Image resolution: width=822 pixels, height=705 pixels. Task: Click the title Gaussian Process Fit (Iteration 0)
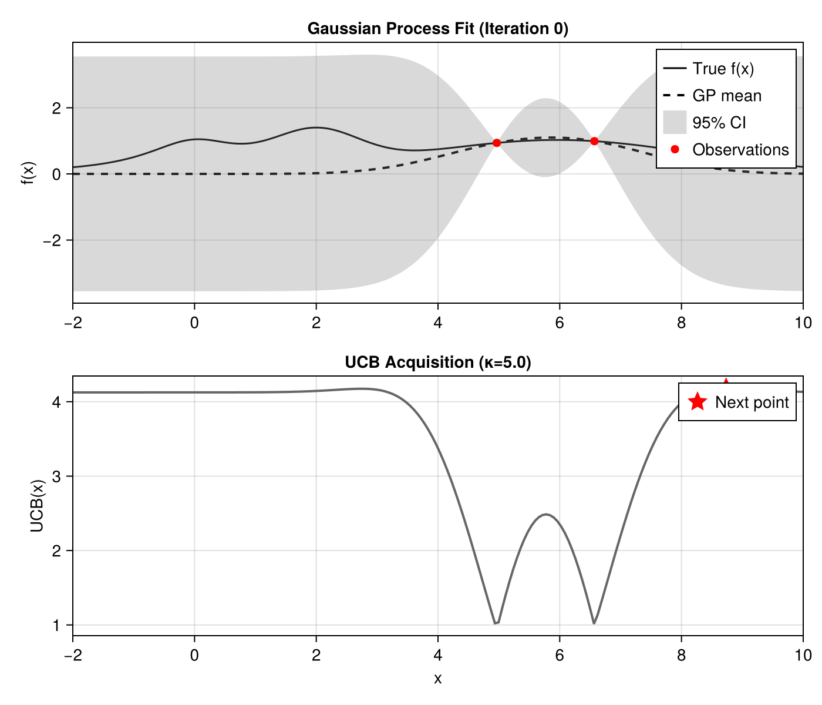coord(437,28)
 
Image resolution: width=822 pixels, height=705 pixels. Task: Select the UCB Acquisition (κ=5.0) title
coord(437,362)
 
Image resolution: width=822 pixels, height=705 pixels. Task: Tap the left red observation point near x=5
coord(497,143)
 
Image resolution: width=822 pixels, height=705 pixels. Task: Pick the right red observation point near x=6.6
coord(594,141)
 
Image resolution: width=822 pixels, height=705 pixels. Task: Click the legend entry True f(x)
coord(723,69)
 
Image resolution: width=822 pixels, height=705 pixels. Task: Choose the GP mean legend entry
coord(726,96)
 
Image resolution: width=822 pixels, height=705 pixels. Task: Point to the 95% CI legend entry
coord(719,123)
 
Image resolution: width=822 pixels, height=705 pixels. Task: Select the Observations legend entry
coord(740,150)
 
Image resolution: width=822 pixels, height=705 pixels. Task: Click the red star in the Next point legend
coord(698,402)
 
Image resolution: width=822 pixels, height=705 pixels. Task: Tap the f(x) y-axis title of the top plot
coord(27,173)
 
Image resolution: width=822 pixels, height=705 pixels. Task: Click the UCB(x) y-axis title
coord(37,506)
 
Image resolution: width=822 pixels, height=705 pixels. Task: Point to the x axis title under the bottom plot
coord(437,679)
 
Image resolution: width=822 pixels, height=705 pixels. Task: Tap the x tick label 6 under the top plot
coord(560,323)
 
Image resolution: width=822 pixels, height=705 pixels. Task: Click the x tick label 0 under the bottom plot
coord(194,655)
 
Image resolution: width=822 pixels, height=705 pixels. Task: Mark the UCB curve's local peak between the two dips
coord(547,514)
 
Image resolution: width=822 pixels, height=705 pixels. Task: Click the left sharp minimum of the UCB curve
coord(496,623)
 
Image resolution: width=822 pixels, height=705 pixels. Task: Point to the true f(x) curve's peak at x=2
coord(316,127)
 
